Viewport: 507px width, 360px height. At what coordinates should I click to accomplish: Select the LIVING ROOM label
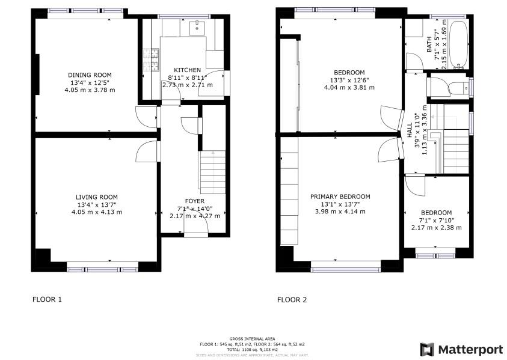97,197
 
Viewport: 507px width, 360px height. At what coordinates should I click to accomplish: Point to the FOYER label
194,201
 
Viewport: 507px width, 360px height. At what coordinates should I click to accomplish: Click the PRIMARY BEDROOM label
340,197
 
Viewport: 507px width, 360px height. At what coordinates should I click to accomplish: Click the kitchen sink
196,27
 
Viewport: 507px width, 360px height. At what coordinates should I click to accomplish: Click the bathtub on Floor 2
458,45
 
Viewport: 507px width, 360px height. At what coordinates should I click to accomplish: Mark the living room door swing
147,151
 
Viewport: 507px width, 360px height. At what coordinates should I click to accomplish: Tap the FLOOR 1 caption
46,299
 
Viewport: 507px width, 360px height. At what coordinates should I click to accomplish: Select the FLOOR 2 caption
292,299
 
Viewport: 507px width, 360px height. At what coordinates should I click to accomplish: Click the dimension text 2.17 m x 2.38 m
436,227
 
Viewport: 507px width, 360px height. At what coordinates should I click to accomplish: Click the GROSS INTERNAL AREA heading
252,340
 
